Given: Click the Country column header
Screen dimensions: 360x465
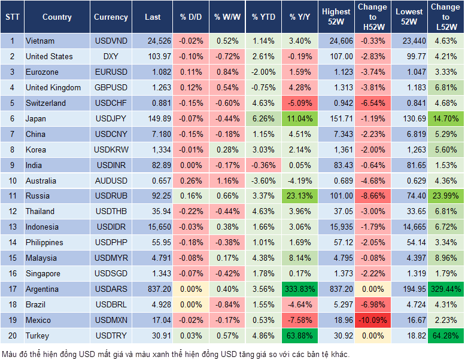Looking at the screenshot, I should tap(57, 17).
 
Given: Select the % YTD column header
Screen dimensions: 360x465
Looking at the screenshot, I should tap(264, 17).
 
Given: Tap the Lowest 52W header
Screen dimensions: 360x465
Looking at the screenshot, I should tap(409, 17).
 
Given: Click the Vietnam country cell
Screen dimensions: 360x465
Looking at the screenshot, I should tap(40, 41).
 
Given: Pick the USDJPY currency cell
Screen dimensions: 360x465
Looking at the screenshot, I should tap(111, 118).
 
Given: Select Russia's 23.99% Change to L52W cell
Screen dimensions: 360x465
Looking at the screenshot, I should tap(445, 196).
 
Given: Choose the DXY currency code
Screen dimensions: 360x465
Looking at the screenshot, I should tap(111, 56).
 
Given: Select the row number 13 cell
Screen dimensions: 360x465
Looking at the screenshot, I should tap(12, 227).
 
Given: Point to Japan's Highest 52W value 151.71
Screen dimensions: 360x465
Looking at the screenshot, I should tap(336, 118).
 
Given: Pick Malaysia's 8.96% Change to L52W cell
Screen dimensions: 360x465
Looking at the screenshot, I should tap(445, 258).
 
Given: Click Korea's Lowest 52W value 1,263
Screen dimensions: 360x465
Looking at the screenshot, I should tap(409, 150).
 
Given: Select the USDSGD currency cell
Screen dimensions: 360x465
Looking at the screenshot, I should tap(111, 273).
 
